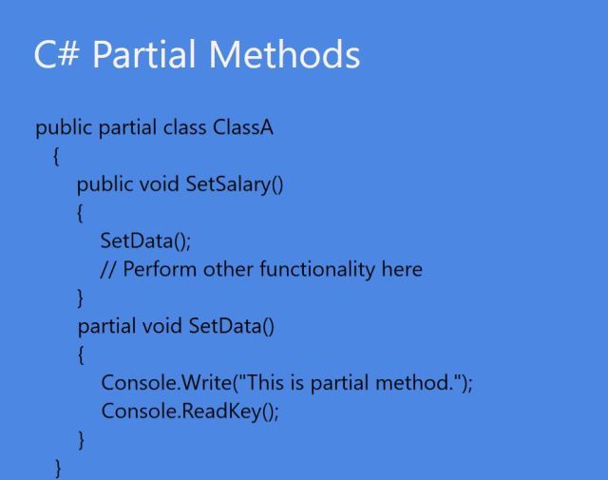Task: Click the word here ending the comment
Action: click(x=402, y=270)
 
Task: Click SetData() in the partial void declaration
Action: click(x=231, y=327)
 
